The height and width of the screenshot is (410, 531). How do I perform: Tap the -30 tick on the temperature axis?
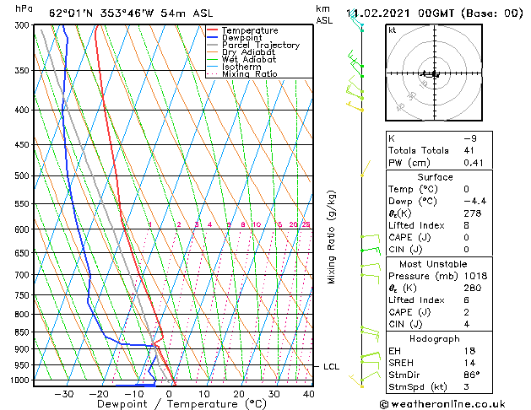tap(64, 393)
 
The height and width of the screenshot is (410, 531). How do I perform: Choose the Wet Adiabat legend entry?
tap(248, 59)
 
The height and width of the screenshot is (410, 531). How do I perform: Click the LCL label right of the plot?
tap(331, 366)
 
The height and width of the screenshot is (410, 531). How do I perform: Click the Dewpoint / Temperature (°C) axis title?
tap(170, 404)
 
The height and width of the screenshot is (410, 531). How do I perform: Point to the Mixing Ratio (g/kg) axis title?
tap(332, 237)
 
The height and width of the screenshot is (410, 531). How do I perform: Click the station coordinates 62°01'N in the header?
tap(74, 13)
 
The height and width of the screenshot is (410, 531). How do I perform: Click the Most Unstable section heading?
tap(435, 264)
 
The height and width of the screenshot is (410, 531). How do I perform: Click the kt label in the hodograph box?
tap(393, 30)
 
